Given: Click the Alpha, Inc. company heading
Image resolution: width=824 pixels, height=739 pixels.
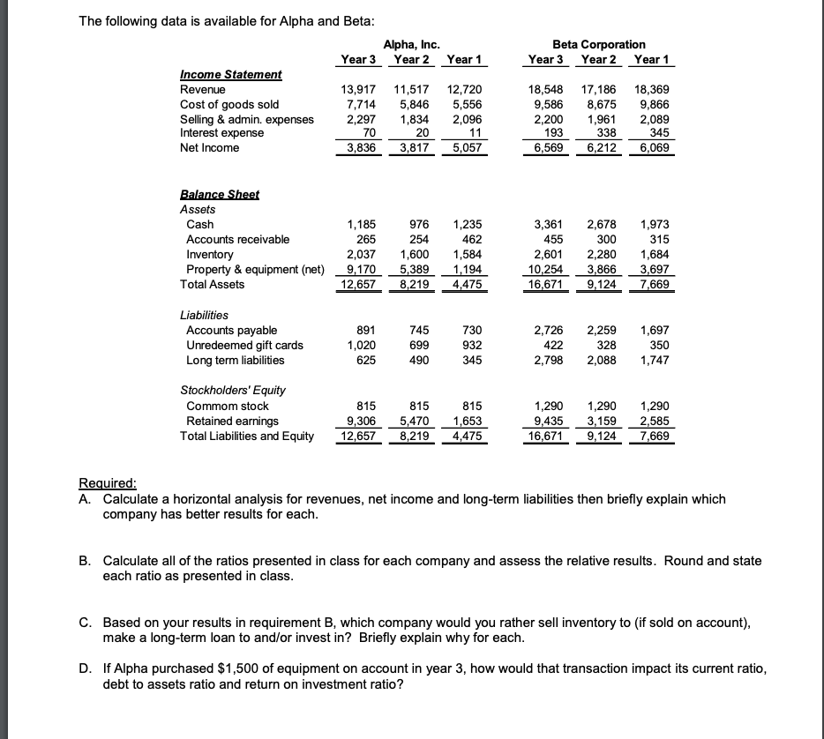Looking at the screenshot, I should click(412, 44).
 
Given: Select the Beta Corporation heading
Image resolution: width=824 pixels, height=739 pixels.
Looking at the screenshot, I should click(598, 44).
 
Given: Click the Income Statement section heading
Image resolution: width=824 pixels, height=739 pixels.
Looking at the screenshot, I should click(231, 75).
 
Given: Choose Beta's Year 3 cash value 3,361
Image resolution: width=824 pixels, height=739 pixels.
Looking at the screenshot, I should click(546, 224).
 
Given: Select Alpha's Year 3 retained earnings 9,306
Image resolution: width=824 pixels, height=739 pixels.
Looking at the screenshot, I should click(359, 420).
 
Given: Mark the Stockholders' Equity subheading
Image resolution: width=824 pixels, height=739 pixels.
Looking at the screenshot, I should click(233, 390).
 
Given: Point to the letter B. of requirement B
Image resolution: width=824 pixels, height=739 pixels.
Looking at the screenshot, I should click(84, 561).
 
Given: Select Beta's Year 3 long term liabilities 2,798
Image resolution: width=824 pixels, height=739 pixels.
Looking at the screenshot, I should click(546, 360).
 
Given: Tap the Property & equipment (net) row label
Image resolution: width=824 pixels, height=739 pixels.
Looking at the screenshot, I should click(253, 269).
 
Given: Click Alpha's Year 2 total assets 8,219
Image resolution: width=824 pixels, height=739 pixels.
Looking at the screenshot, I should click(413, 284).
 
